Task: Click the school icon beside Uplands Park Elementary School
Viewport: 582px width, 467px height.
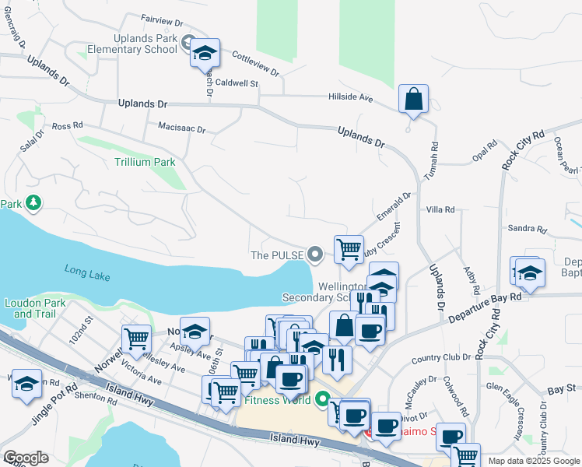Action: (205, 53)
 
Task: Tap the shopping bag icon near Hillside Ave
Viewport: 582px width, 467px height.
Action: (413, 100)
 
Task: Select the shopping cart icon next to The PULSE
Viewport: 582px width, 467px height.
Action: (349, 250)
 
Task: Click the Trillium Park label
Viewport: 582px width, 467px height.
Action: (145, 162)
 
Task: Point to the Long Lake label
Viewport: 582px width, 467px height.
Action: (88, 273)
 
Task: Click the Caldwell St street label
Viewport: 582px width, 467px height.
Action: (236, 82)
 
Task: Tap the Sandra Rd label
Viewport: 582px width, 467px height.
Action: (527, 228)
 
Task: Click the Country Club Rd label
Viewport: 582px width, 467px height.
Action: (437, 359)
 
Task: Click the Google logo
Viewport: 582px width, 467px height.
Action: (26, 458)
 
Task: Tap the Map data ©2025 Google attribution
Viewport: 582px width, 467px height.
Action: (533, 461)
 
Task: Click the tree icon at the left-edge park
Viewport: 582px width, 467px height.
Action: (33, 203)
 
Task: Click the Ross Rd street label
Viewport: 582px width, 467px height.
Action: (67, 125)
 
